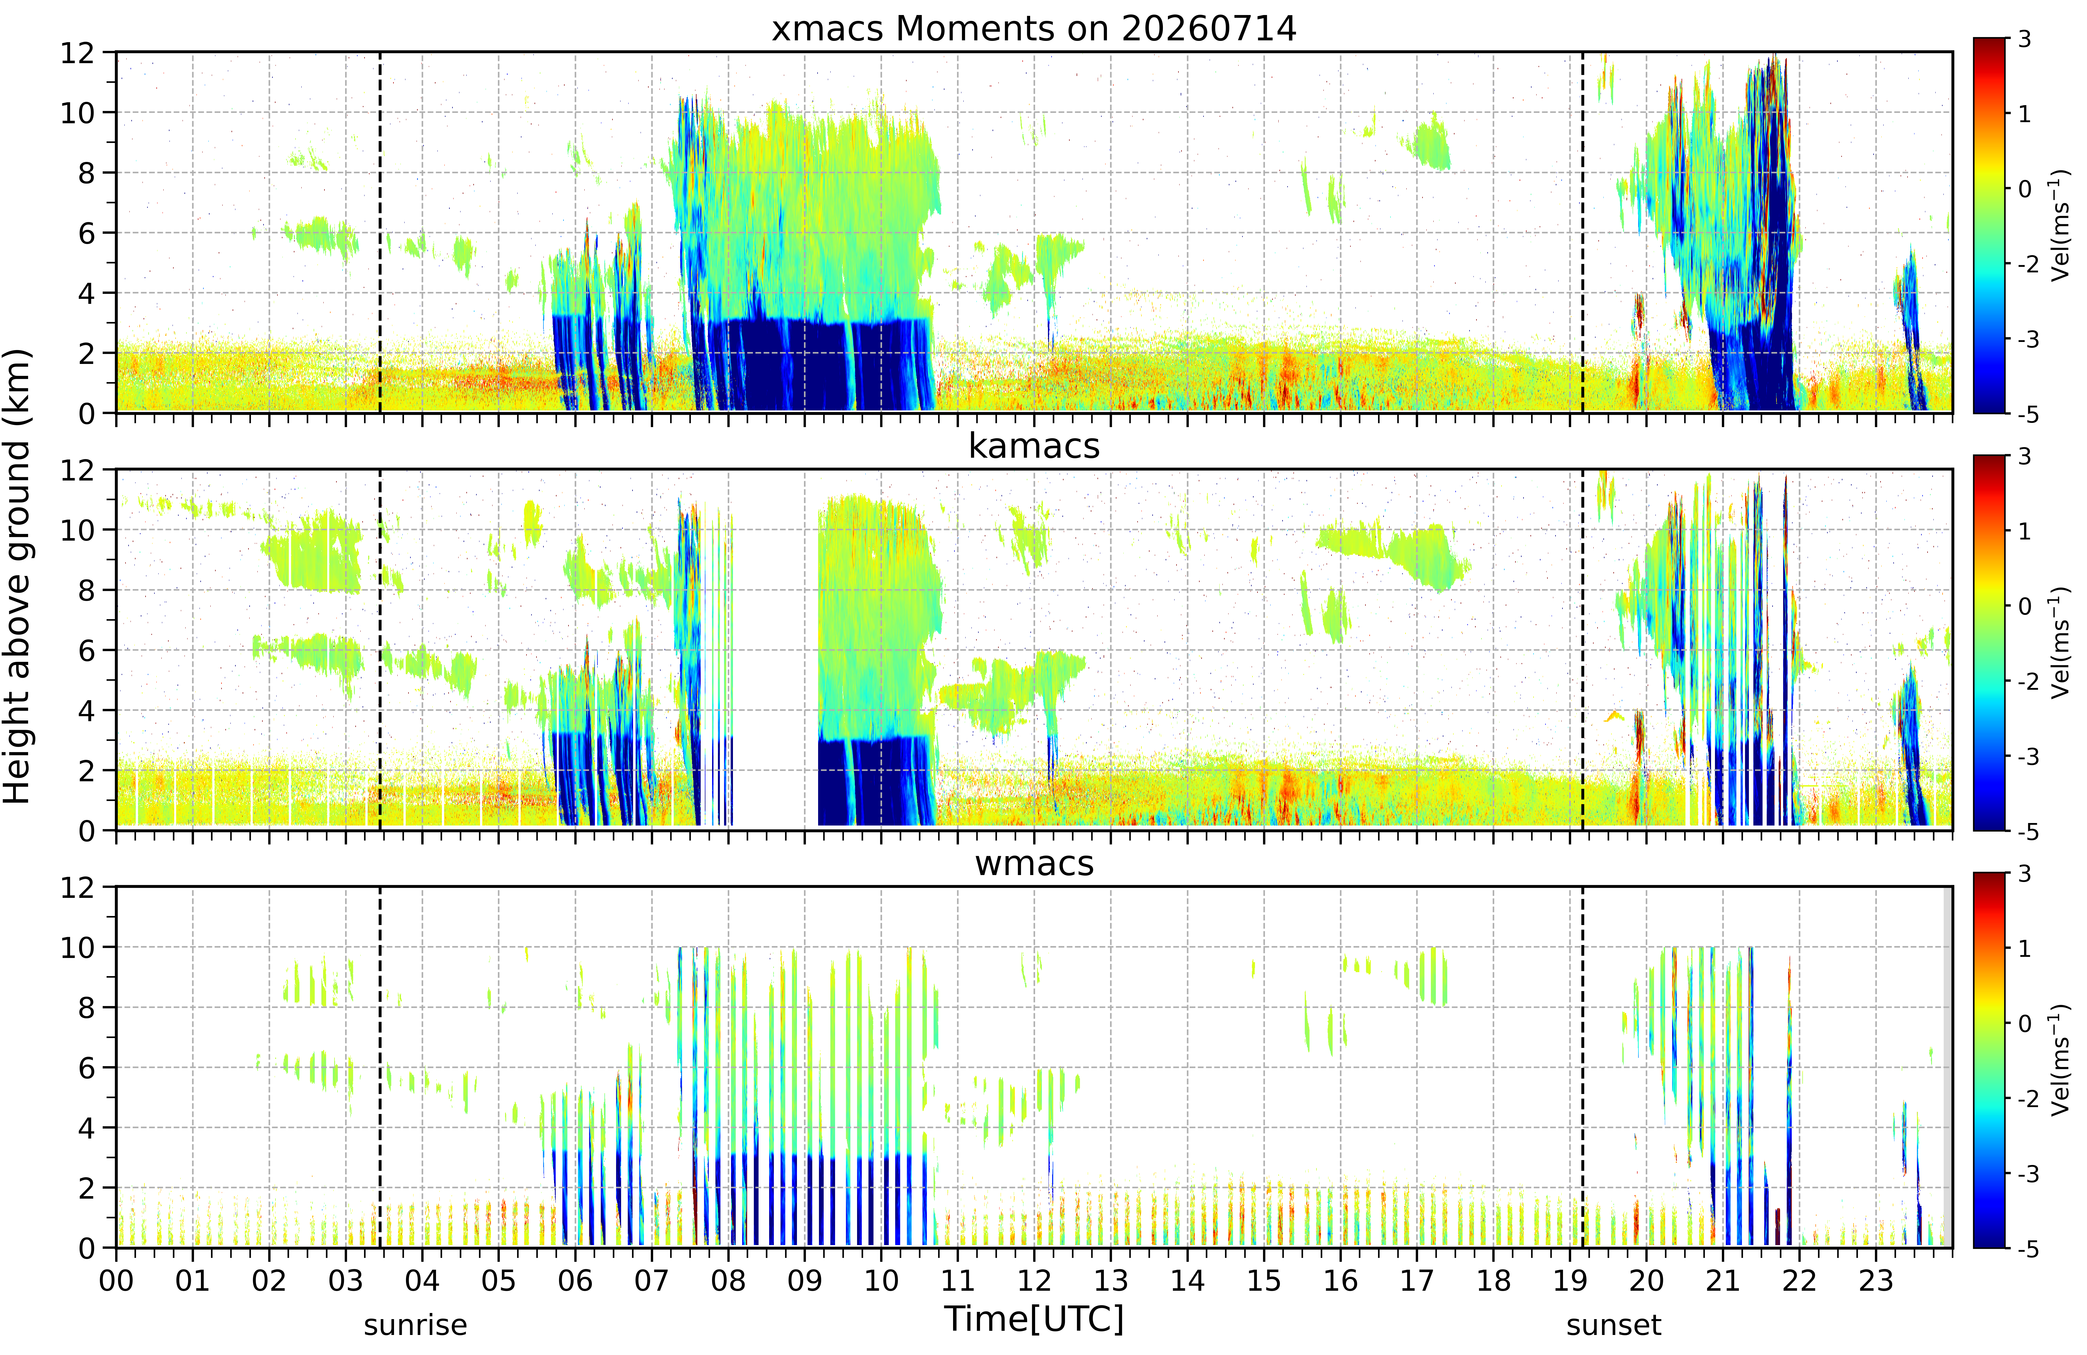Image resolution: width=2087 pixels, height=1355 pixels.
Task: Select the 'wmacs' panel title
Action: tap(1034, 864)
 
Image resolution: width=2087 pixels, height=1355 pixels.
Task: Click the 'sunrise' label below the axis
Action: tap(416, 1325)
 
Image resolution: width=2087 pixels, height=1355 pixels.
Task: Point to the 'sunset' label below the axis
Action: tap(1613, 1325)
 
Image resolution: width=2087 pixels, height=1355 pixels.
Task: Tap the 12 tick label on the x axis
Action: tap(1034, 1281)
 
